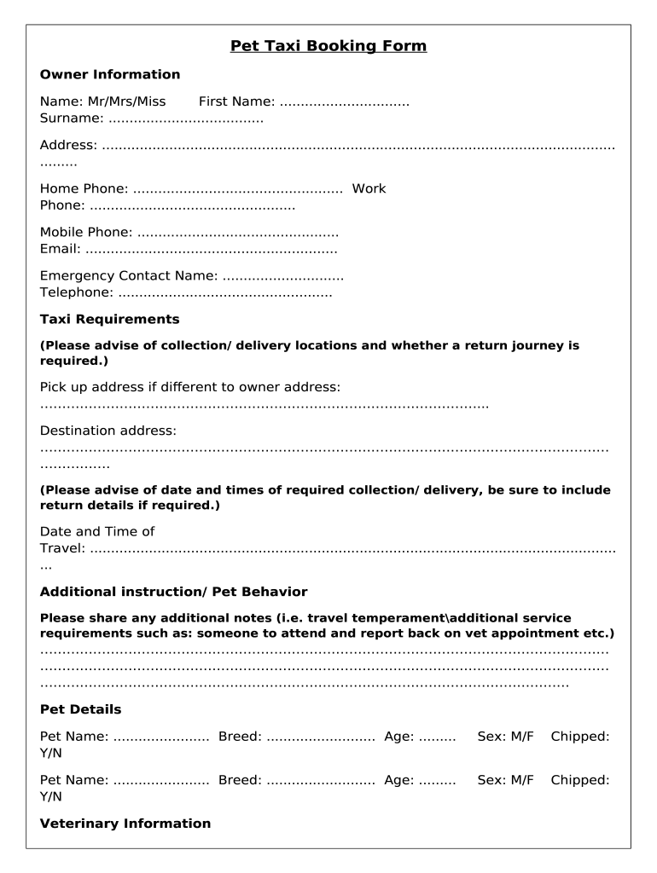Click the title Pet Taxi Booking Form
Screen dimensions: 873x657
(x=328, y=46)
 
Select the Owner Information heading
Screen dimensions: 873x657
(x=110, y=74)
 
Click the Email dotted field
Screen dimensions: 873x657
(x=212, y=250)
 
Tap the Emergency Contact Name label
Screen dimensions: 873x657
(x=129, y=276)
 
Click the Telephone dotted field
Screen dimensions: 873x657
(x=224, y=293)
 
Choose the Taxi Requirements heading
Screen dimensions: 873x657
(x=110, y=320)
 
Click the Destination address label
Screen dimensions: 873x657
(x=108, y=431)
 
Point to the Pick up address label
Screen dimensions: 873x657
(x=190, y=387)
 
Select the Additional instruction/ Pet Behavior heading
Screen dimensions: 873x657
(x=174, y=592)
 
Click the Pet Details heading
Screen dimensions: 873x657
(x=81, y=709)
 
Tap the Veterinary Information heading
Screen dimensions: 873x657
(x=125, y=824)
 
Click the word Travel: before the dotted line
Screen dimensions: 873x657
(x=62, y=548)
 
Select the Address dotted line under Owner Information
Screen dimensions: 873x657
(x=358, y=146)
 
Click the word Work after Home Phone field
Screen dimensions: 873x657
(x=369, y=188)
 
